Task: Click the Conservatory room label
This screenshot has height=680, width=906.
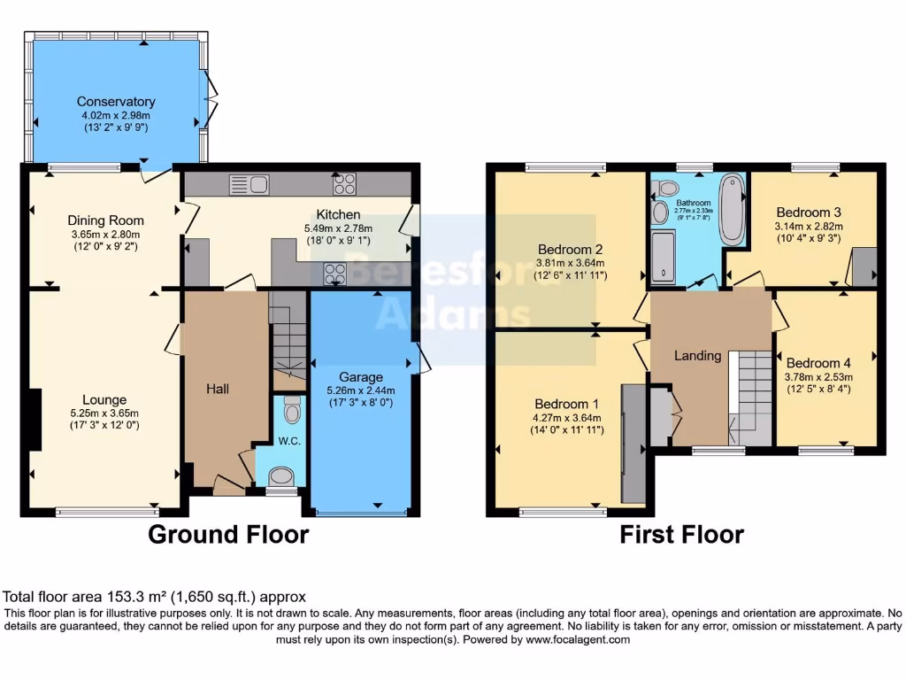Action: [116, 102]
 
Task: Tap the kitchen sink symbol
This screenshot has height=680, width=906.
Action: [249, 184]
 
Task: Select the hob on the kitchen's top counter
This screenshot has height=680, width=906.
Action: [344, 184]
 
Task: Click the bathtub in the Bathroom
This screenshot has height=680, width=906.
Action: [731, 209]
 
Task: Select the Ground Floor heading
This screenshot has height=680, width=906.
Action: [228, 535]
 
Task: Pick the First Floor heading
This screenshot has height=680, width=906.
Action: [681, 535]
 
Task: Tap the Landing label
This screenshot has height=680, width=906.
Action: [698, 356]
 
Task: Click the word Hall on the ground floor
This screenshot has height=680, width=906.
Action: [219, 389]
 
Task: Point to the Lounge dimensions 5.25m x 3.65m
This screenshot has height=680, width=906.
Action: [105, 413]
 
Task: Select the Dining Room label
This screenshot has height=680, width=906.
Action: [105, 220]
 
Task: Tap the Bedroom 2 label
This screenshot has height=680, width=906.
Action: [571, 249]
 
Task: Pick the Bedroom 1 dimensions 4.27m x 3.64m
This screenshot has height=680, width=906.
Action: [567, 419]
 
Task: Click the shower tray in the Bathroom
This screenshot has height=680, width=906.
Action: [664, 257]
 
